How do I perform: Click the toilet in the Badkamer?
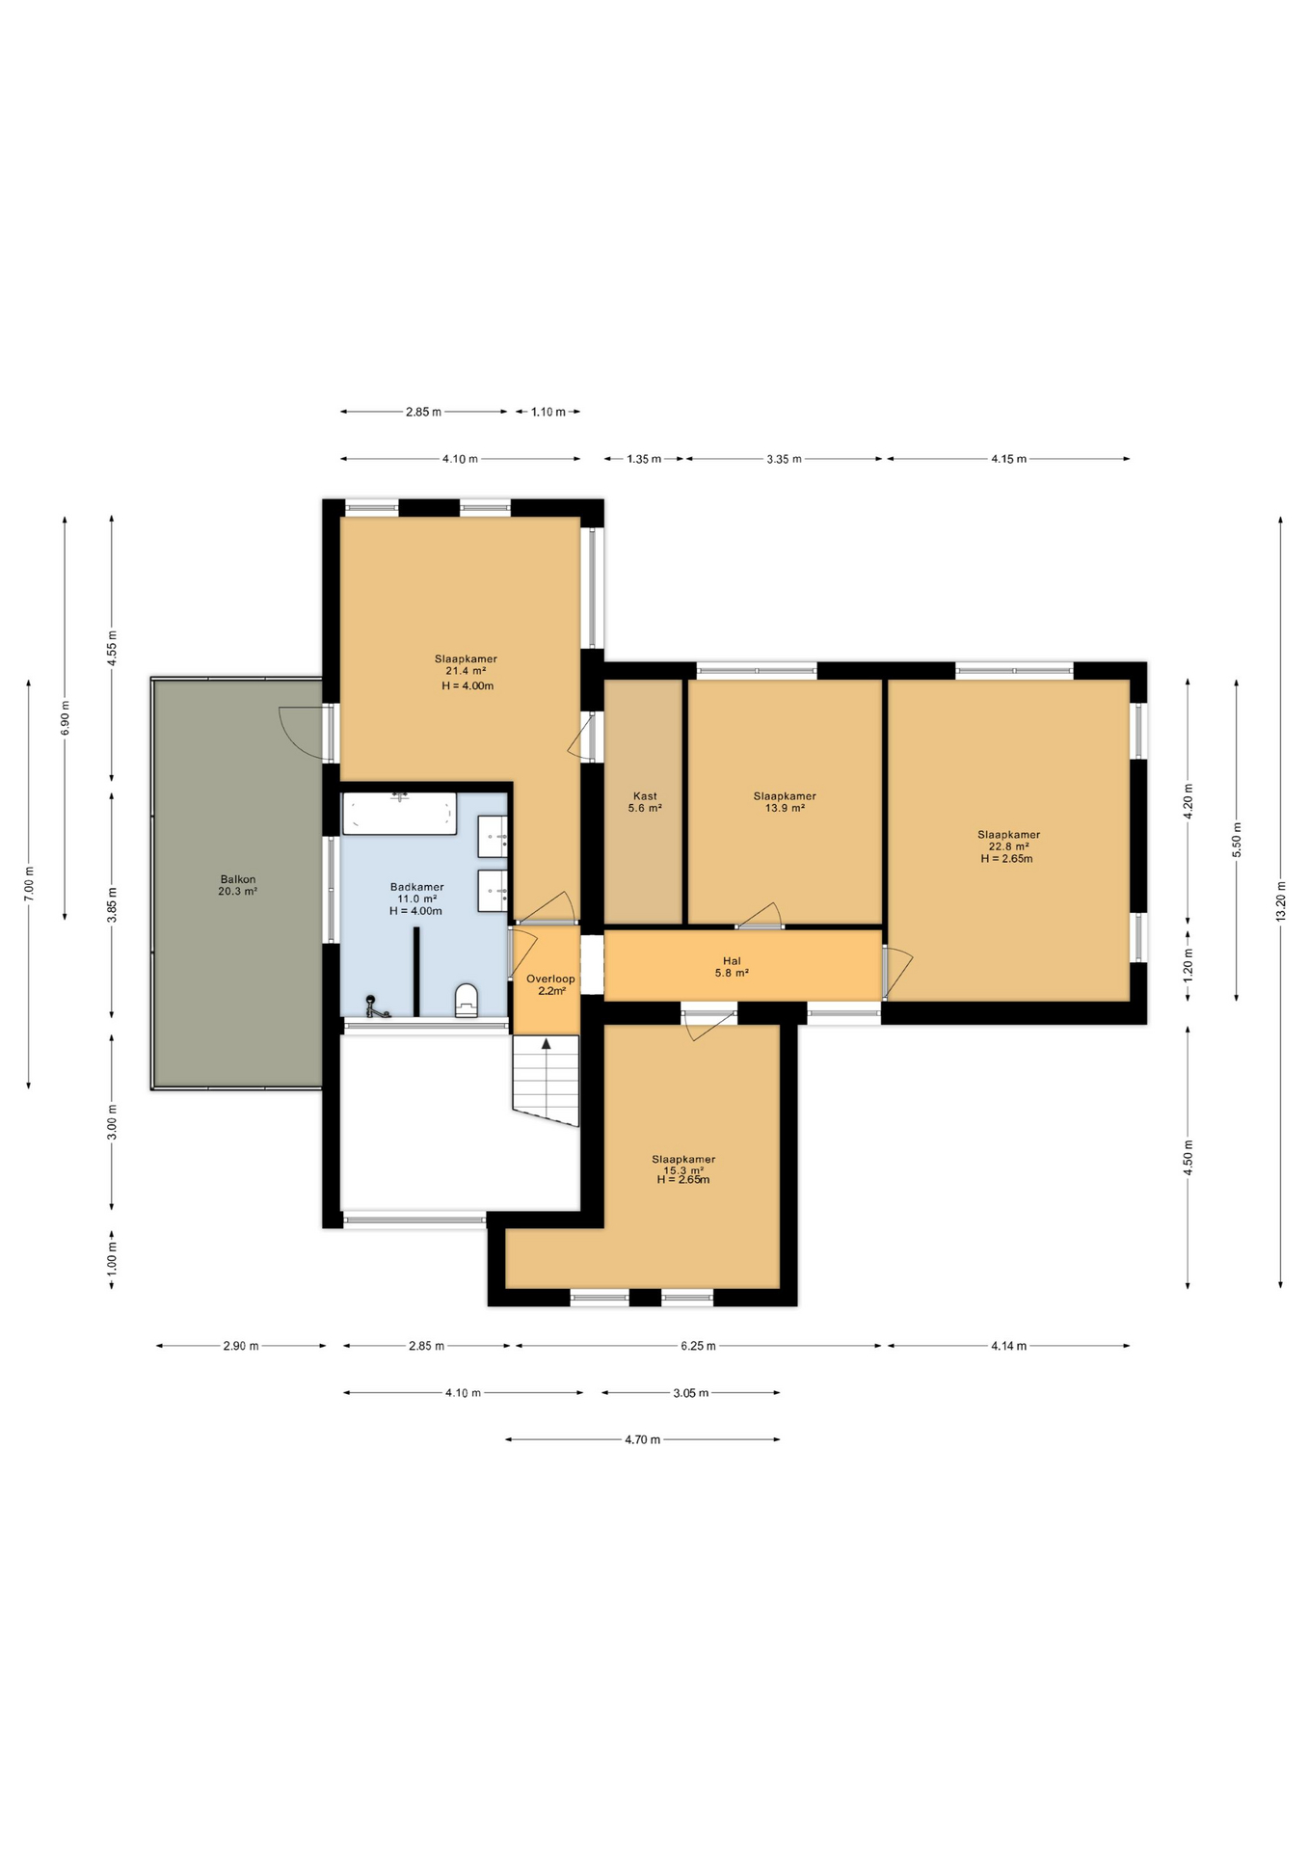pyautogui.click(x=467, y=1001)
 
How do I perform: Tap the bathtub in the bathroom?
pyautogui.click(x=399, y=813)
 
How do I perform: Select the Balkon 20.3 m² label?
pyautogui.click(x=238, y=885)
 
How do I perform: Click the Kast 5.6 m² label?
pyautogui.click(x=645, y=802)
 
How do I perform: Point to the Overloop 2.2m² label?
pyautogui.click(x=550, y=984)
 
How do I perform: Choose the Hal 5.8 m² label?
pyautogui.click(x=732, y=967)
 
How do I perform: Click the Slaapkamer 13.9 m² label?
pyautogui.click(x=785, y=802)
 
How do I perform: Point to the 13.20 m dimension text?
pyautogui.click(x=1281, y=902)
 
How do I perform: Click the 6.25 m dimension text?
pyautogui.click(x=698, y=1346)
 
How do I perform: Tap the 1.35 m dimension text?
pyautogui.click(x=644, y=459)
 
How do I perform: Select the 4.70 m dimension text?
pyautogui.click(x=643, y=1439)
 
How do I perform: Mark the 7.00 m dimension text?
pyautogui.click(x=29, y=884)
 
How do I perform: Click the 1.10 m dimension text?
pyautogui.click(x=548, y=412)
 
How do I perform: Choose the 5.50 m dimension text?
pyautogui.click(x=1237, y=840)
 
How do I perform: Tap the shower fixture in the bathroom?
pyautogui.click(x=375, y=1006)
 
